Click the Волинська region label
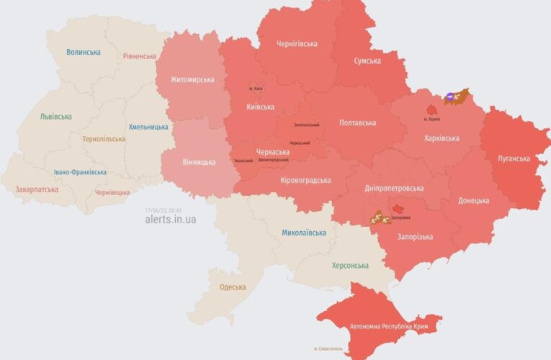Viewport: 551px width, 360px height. [x=84, y=53]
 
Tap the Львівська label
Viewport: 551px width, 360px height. [x=55, y=117]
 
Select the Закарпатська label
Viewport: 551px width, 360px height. [x=37, y=190]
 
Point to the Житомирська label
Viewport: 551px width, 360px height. [x=192, y=80]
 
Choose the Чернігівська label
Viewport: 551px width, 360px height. [x=297, y=44]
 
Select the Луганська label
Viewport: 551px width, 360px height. [x=514, y=158]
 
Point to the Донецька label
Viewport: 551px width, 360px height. [x=475, y=200]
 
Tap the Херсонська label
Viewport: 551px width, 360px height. [x=349, y=266]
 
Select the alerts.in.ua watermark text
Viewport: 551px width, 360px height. [x=170, y=220]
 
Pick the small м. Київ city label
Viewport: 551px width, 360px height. [x=256, y=89]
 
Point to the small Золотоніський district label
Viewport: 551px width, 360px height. [x=306, y=125]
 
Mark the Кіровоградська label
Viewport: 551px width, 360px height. [x=305, y=180]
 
